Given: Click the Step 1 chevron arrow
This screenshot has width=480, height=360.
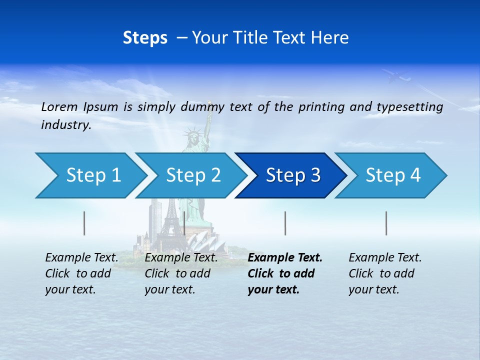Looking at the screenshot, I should [90, 175].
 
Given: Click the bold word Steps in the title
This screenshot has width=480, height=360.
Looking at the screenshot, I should [145, 38].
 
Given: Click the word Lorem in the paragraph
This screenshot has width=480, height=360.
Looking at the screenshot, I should [59, 106].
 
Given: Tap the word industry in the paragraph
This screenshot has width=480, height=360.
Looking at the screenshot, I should [66, 125].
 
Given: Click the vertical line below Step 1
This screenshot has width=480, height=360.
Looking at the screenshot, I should [84, 223].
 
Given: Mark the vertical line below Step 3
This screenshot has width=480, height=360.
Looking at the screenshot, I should [285, 223].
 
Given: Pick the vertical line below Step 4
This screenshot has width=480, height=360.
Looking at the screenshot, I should [386, 223].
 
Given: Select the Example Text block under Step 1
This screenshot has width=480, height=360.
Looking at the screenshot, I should [81, 273].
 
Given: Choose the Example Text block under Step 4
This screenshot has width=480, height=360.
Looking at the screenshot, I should [384, 273].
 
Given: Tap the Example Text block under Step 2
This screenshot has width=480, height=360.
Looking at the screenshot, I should [180, 273].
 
